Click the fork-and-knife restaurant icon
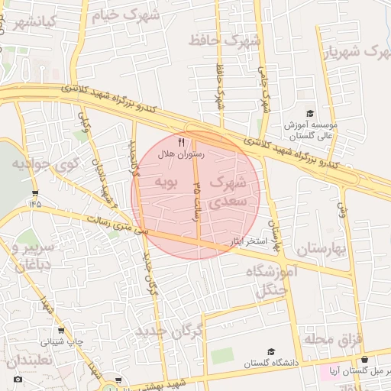(181, 142)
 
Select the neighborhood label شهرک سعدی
(228, 192)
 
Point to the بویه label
(166, 183)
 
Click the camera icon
(18, 379)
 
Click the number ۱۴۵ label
(34, 203)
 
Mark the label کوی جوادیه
(46, 163)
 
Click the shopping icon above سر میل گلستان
(364, 360)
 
